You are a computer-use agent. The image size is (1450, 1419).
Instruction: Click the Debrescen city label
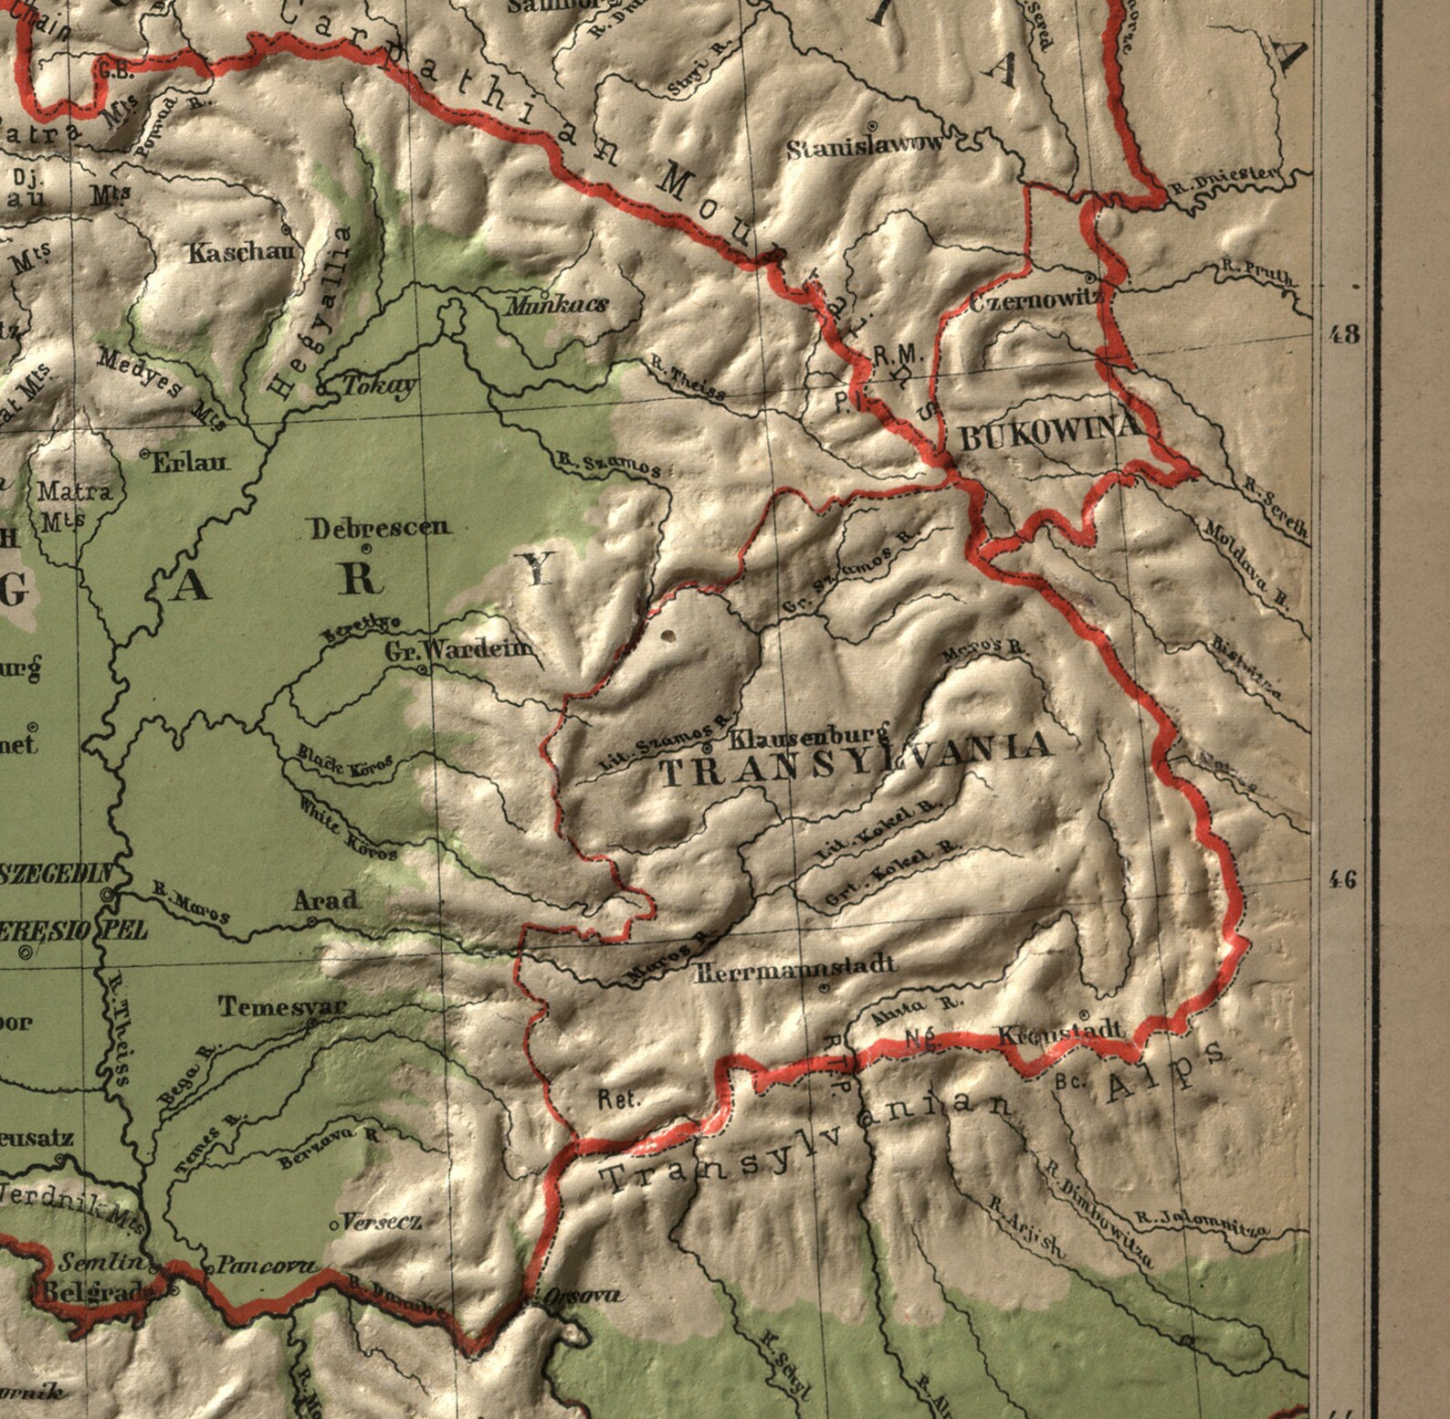point(380,527)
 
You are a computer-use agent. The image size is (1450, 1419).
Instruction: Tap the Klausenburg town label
point(811,735)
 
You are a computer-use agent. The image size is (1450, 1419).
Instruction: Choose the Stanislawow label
point(866,147)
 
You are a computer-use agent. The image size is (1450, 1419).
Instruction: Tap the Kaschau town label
point(243,253)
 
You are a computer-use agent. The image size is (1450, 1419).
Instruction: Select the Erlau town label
point(190,462)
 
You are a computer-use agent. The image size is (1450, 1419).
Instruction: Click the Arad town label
point(326,900)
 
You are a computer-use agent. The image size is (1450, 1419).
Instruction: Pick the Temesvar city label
point(282,1006)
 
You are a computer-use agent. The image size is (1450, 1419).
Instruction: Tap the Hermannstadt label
point(794,967)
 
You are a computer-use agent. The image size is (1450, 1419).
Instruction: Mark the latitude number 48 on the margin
point(1344,333)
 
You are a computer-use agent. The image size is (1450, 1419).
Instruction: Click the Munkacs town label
point(558,305)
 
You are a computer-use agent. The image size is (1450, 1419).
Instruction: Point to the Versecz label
point(382,1221)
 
